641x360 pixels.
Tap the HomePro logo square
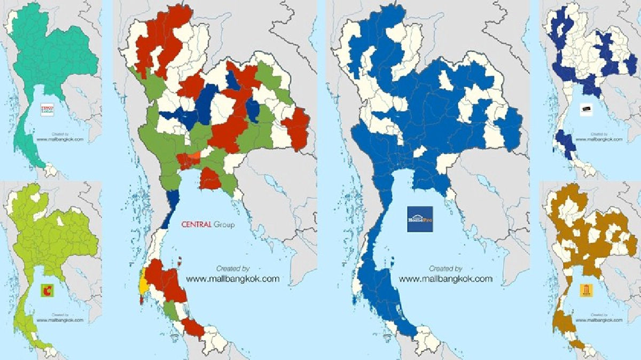(x=420, y=219)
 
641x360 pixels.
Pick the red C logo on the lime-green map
(x=48, y=291)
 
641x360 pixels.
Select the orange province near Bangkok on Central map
(x=194, y=155)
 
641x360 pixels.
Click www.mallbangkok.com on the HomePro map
(x=445, y=278)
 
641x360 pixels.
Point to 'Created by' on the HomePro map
(x=445, y=269)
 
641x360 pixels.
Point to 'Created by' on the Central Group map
(x=233, y=269)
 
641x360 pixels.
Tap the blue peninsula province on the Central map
(x=172, y=206)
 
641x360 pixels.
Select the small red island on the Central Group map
(x=180, y=261)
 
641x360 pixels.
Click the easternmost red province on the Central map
(x=296, y=128)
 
